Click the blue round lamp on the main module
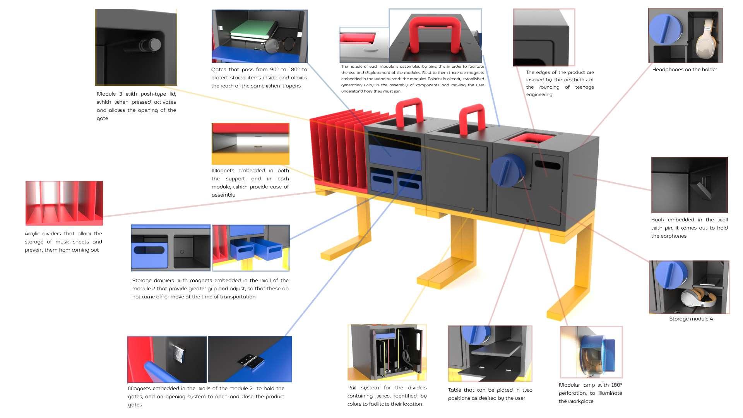point(507,170)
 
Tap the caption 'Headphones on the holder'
point(684,70)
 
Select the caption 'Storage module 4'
point(691,319)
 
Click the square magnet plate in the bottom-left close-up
point(178,353)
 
